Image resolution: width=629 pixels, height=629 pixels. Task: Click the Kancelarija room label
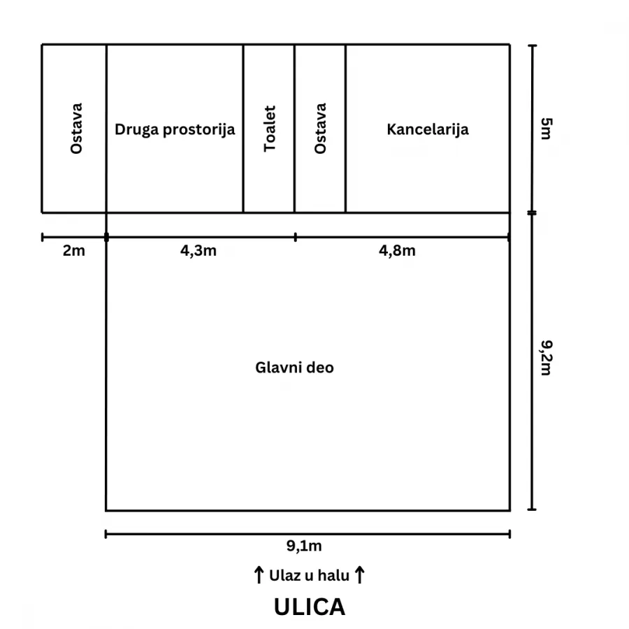(428, 130)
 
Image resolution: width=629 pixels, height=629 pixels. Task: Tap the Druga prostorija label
(175, 130)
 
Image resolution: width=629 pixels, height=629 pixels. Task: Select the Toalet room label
(270, 129)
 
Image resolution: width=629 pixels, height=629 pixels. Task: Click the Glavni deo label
(294, 368)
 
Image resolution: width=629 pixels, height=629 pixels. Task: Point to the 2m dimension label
(74, 251)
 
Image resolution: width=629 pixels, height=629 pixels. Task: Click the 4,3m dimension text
(198, 251)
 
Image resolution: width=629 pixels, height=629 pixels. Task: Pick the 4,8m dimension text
(397, 251)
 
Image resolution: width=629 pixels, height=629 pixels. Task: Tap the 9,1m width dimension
(304, 546)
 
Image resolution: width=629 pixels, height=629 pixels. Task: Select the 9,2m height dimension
(547, 358)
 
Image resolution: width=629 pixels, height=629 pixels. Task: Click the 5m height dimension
(547, 129)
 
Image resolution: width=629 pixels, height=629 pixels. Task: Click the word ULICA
(310, 607)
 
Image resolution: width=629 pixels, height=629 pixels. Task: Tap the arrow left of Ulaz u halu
(259, 575)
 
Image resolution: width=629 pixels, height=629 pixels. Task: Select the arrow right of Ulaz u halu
(360, 575)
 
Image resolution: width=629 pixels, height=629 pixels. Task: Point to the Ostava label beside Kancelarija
(320, 129)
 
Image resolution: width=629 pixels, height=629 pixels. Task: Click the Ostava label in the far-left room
(75, 129)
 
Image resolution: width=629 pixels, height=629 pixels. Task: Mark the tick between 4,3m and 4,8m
(296, 237)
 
